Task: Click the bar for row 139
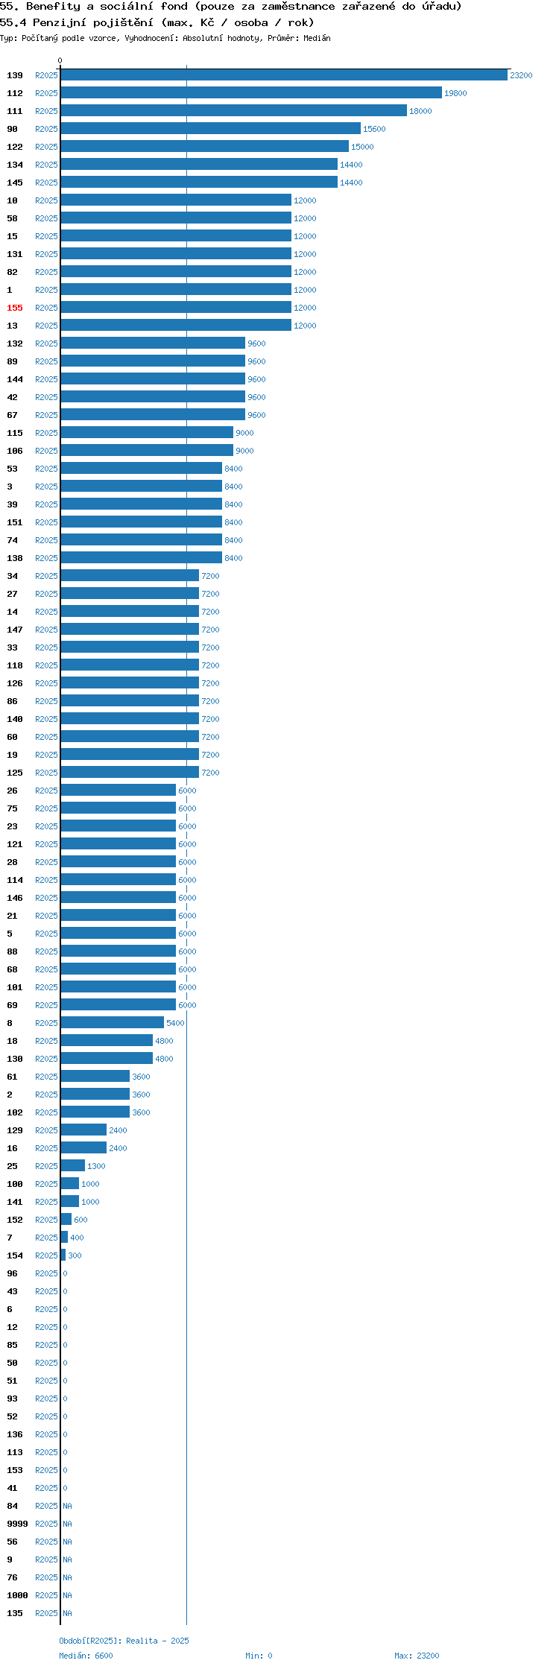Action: [x=284, y=75]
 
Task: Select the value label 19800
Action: [x=455, y=93]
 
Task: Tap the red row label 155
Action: [x=15, y=308]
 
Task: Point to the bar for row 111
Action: [x=234, y=111]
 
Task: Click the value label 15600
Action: [x=374, y=129]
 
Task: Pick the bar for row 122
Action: [x=205, y=147]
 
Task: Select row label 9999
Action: [x=17, y=1524]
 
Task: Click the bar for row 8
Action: [x=113, y=1023]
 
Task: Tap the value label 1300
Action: [x=96, y=1166]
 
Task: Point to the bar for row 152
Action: [x=66, y=1220]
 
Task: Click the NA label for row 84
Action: [x=67, y=1506]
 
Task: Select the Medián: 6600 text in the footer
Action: [x=86, y=1656]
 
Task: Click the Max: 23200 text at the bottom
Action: [x=417, y=1656]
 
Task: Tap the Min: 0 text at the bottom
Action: [x=259, y=1656]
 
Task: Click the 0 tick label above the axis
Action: [x=60, y=60]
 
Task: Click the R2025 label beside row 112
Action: [x=46, y=93]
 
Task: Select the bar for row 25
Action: [x=73, y=1166]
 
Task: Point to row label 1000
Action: [x=17, y=1595]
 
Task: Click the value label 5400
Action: [x=175, y=1023]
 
